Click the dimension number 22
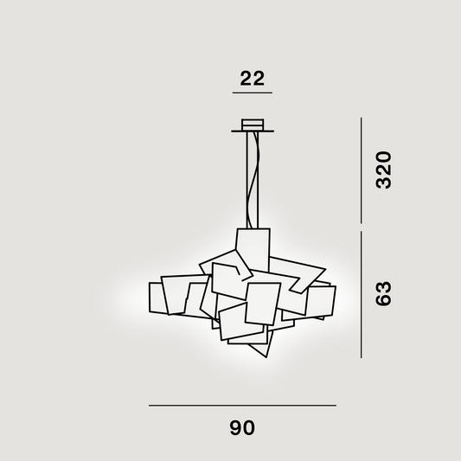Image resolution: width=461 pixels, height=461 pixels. click(x=252, y=78)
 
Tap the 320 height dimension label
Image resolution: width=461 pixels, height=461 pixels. click(x=384, y=170)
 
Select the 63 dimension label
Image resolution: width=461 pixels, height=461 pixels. click(x=384, y=294)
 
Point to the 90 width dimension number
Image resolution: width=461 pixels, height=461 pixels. click(x=242, y=428)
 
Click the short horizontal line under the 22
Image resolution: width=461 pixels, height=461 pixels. click(x=253, y=93)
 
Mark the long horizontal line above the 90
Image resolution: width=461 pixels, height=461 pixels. click(x=242, y=406)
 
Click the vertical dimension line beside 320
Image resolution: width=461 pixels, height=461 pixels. click(x=362, y=170)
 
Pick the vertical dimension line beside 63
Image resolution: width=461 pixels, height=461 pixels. click(x=362, y=295)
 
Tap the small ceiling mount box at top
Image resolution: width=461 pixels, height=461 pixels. click(x=253, y=125)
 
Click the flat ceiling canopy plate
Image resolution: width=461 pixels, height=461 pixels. click(x=253, y=131)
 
